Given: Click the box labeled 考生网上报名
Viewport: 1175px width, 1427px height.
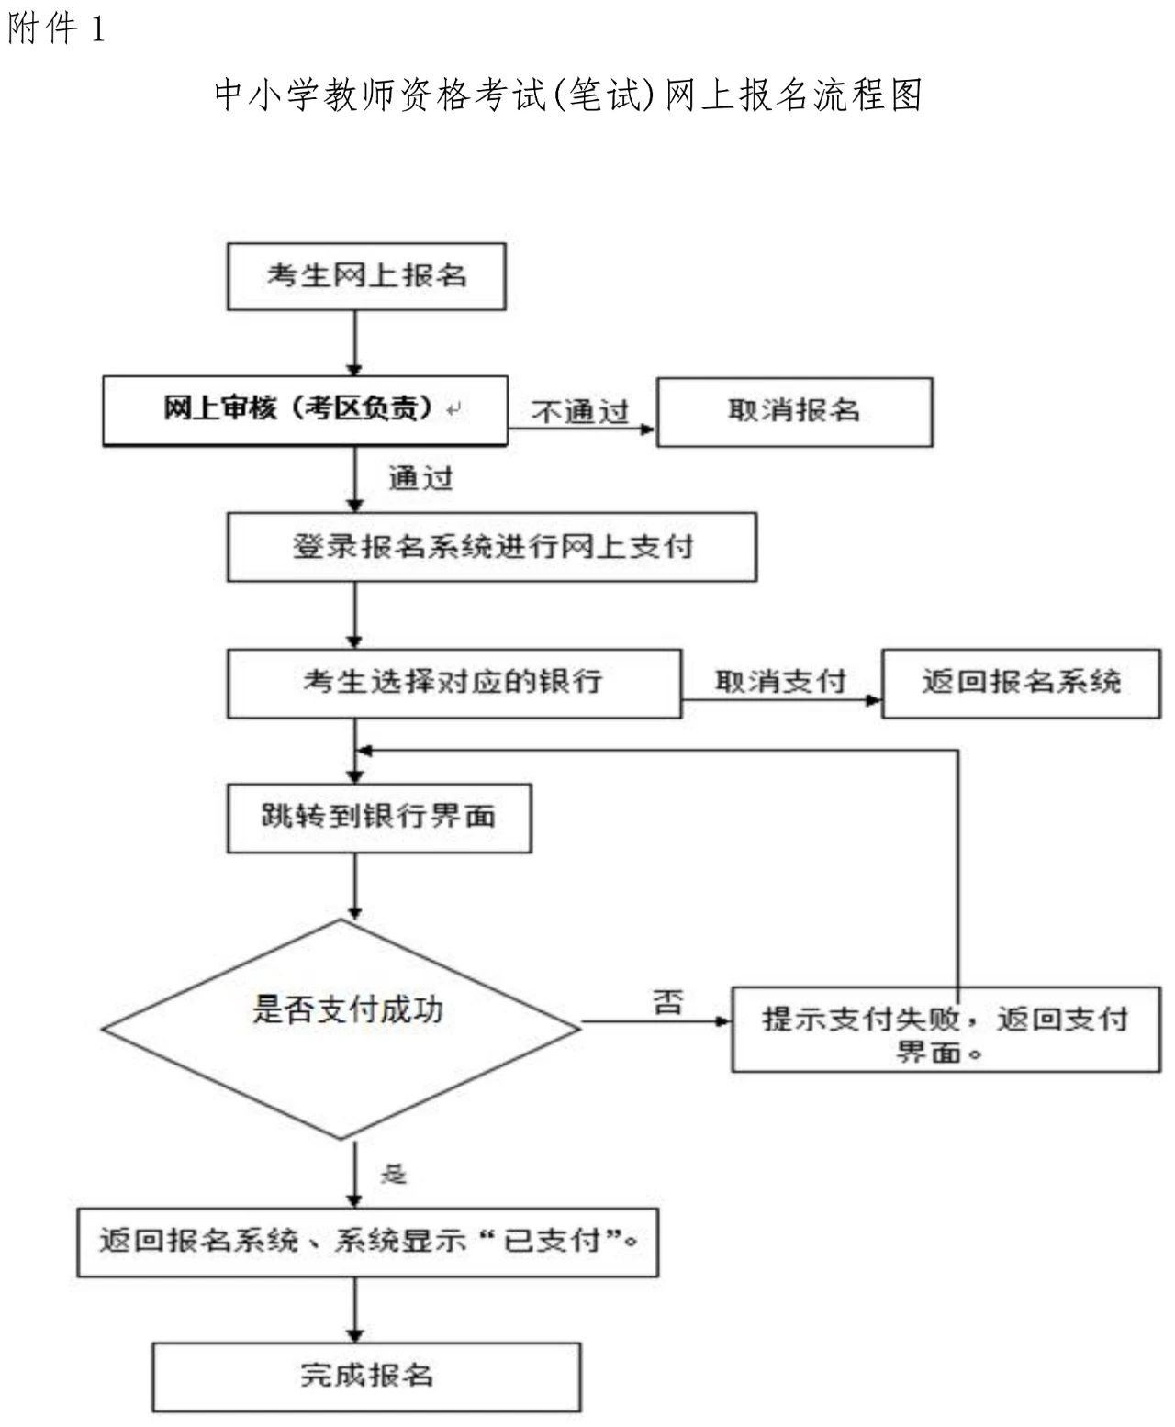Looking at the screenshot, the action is (366, 277).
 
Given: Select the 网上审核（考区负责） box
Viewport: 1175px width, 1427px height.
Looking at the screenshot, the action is (306, 411).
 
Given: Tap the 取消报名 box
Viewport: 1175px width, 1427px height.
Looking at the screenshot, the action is (795, 412).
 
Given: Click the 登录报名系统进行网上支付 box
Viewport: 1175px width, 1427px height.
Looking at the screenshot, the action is (492, 547).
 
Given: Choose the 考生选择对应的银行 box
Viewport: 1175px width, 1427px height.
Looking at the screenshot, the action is (454, 684).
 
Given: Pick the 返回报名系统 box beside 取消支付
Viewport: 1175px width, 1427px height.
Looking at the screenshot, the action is (1021, 684).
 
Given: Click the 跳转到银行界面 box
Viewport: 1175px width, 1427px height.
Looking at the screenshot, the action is (379, 818).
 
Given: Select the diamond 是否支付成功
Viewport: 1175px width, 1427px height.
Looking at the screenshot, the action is (341, 1029).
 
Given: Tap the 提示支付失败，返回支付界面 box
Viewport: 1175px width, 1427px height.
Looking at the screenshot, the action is (946, 1029).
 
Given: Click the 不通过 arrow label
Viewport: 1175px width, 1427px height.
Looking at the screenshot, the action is (580, 411).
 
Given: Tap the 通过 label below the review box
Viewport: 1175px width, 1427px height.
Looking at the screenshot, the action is (420, 478).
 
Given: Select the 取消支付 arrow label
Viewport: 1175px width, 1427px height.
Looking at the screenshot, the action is (780, 681).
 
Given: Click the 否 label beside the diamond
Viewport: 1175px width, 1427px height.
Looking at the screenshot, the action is (668, 1002).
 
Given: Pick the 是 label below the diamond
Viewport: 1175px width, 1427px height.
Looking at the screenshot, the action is (393, 1174).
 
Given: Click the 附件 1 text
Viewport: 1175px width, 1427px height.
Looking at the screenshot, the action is (56, 29).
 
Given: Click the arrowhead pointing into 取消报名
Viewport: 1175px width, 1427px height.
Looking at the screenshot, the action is (648, 429).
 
